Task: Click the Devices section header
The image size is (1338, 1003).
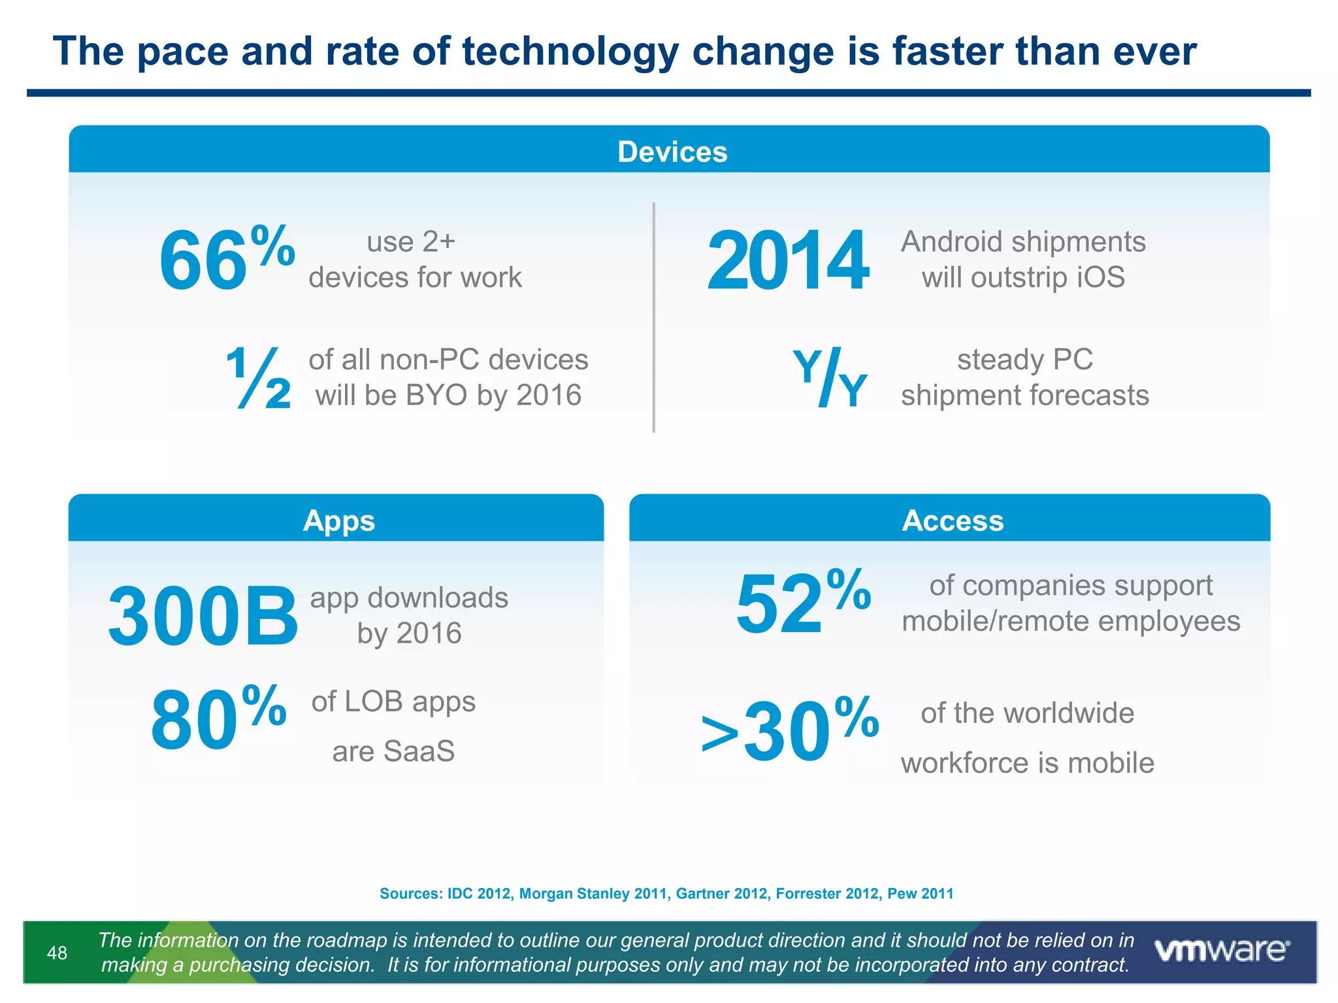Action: tap(672, 151)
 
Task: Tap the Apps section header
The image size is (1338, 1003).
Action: tap(338, 520)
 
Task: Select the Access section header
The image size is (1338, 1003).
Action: tap(953, 520)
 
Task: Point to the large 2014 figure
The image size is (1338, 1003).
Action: tap(787, 261)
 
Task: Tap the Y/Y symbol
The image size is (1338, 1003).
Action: tap(830, 378)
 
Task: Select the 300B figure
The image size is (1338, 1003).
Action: tap(203, 616)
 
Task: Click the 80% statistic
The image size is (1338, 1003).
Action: tap(218, 718)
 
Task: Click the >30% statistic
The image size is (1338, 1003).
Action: tap(789, 730)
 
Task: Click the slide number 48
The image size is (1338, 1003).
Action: tap(57, 953)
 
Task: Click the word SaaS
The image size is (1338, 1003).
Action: tap(419, 751)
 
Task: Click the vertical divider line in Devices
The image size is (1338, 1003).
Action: tap(653, 317)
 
